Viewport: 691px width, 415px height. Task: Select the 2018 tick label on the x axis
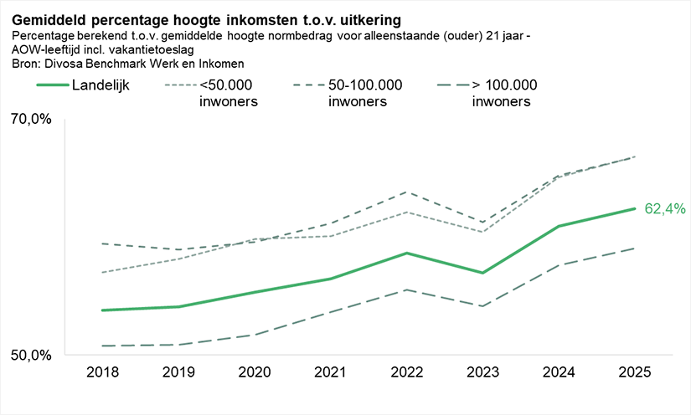[102, 371]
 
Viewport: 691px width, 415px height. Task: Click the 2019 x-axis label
[178, 371]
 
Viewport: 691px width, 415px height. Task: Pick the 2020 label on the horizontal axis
[254, 371]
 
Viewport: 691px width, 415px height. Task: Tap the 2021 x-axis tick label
[331, 371]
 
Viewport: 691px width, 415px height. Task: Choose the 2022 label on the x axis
[407, 371]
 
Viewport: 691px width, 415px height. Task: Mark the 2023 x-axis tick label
[482, 371]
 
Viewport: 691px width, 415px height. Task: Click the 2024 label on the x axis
[559, 371]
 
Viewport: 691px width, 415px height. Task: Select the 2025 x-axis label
[635, 371]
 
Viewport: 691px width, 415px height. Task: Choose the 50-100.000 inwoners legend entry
[365, 93]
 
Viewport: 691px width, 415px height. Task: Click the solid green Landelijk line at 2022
[407, 253]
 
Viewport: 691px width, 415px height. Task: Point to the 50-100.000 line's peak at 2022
[407, 192]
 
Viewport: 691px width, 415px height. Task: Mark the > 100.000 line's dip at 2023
[482, 306]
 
